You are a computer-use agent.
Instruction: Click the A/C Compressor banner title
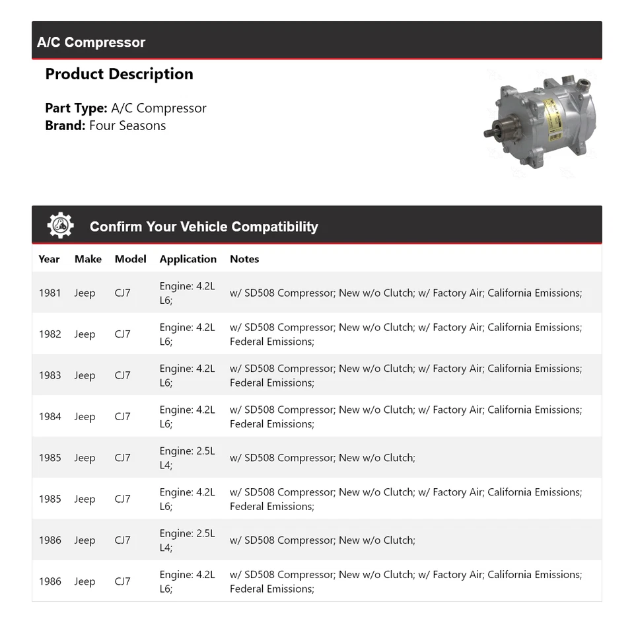(x=91, y=42)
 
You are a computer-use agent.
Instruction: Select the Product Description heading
(x=119, y=74)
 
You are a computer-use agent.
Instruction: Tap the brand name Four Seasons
(x=127, y=126)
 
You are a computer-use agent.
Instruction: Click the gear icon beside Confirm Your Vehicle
(x=60, y=226)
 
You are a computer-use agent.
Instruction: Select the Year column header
(x=49, y=259)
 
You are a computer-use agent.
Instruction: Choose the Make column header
(x=88, y=259)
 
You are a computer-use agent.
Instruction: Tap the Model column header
(x=130, y=259)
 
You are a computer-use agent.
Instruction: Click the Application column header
(x=188, y=259)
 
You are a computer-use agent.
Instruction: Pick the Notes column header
(x=244, y=259)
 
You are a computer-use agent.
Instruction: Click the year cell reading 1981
(x=50, y=293)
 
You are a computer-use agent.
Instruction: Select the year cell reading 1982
(x=50, y=334)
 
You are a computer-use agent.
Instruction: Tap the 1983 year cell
(x=50, y=375)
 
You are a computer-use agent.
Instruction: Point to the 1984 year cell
(x=50, y=417)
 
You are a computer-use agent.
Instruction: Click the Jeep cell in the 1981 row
(x=85, y=293)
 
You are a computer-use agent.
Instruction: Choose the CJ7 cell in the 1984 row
(x=122, y=417)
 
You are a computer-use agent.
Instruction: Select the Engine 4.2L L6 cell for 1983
(x=187, y=375)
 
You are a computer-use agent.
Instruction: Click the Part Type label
(x=76, y=108)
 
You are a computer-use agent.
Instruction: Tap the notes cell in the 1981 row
(x=405, y=293)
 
